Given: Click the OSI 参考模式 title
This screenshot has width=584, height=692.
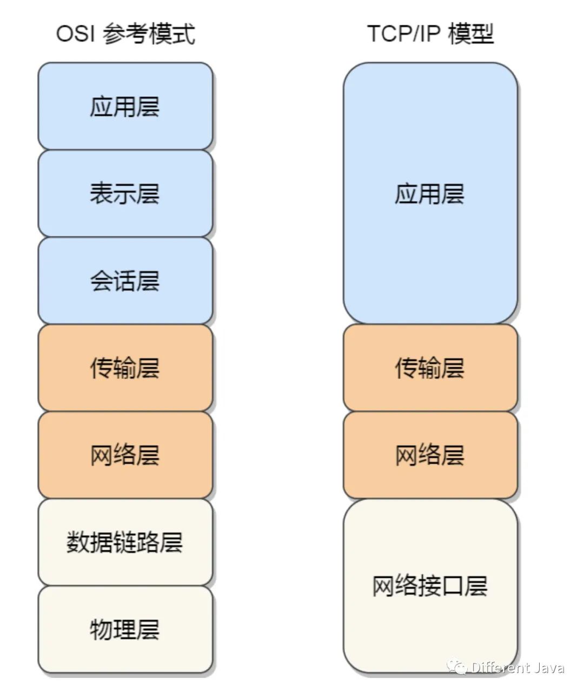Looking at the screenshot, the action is (x=125, y=34).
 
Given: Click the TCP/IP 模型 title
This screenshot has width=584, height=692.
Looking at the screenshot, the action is (x=430, y=34).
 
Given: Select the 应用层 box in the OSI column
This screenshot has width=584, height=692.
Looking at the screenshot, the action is (x=125, y=106).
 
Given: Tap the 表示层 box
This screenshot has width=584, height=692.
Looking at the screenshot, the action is (x=125, y=193).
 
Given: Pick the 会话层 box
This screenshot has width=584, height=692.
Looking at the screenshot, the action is (x=125, y=280).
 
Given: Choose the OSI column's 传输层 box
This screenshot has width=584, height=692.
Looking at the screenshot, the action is (x=125, y=368).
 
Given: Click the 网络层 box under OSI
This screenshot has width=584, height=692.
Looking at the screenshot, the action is (x=125, y=455).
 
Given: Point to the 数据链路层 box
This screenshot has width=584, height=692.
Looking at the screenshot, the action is (x=125, y=542).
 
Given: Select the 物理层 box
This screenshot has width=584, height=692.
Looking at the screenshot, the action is (x=125, y=629).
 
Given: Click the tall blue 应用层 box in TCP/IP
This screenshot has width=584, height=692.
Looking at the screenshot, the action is (x=430, y=193).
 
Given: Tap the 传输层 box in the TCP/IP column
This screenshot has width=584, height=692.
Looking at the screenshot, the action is (x=430, y=368).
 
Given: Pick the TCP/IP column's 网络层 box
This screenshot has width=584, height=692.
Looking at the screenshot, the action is (x=430, y=455).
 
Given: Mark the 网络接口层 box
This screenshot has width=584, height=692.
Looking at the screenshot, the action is (x=430, y=586).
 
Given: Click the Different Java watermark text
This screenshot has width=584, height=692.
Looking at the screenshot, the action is (x=517, y=668).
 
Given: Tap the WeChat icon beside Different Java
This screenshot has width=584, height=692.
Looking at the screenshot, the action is (x=457, y=667).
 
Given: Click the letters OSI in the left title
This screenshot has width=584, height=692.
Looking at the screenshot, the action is (x=75, y=34).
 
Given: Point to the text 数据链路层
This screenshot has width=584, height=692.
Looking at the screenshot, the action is (x=125, y=542).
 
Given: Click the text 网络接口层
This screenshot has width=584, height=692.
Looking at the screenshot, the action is (x=430, y=586).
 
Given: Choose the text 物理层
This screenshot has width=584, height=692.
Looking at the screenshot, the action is (x=125, y=629).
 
